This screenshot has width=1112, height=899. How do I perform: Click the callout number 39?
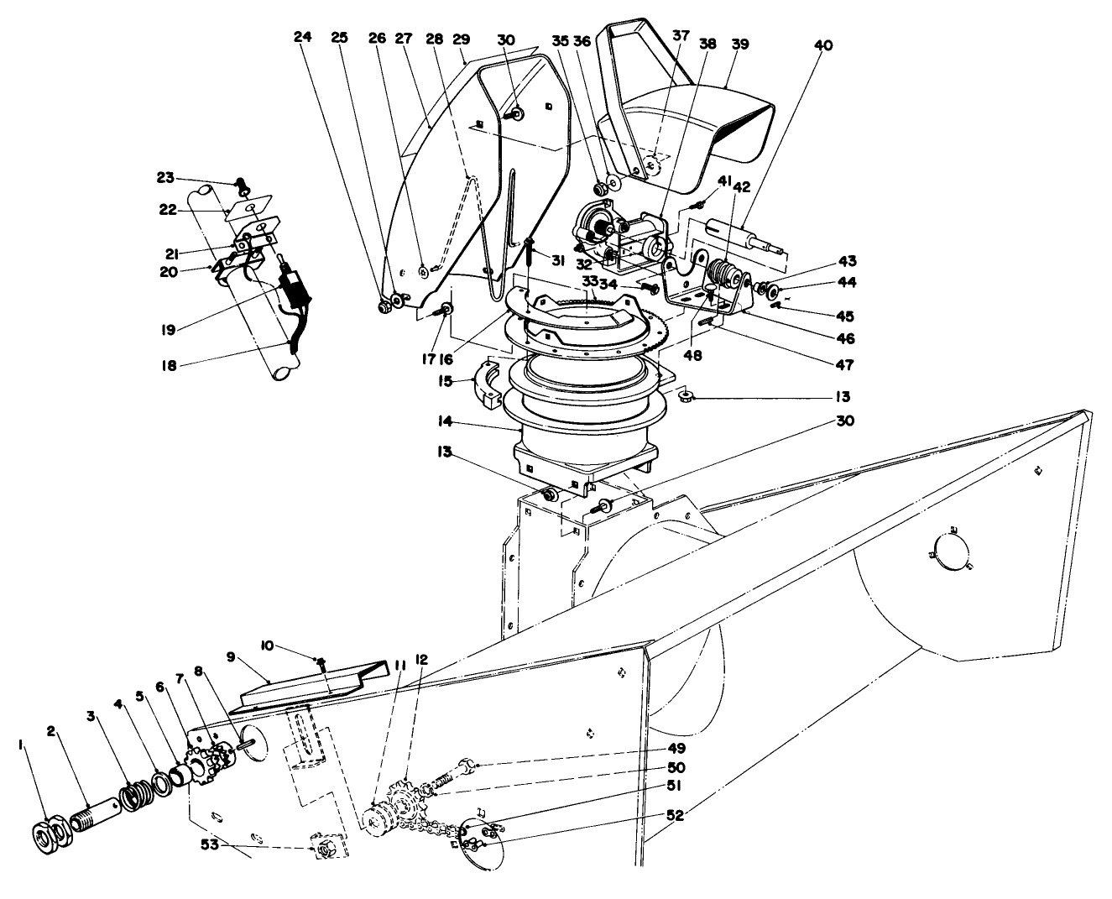coord(739,44)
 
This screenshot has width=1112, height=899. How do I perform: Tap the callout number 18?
coord(169,366)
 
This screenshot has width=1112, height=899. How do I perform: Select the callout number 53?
coord(209,844)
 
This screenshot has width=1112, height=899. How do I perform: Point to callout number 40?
coord(823,45)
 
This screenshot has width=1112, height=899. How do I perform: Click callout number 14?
coord(445,421)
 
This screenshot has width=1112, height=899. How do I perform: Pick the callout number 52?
coord(675,815)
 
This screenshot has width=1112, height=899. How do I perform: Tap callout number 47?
coord(845,364)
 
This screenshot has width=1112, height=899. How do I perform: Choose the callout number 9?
coord(232,658)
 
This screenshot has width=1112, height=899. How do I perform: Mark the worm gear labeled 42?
coord(723,273)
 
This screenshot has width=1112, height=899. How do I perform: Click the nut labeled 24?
coord(385,307)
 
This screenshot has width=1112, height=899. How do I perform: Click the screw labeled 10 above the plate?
coord(322,665)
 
